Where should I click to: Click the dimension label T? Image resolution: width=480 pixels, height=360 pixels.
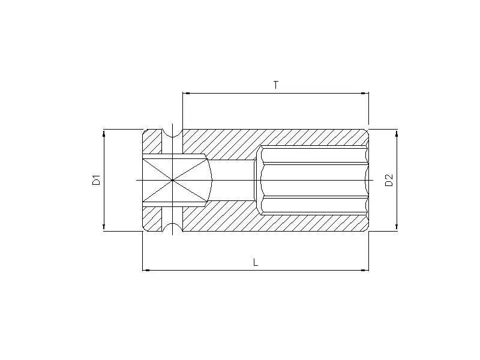pyautogui.click(x=275, y=85)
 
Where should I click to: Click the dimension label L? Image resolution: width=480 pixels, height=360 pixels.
pyautogui.click(x=256, y=262)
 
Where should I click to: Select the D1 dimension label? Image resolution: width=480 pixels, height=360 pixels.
pyautogui.click(x=95, y=179)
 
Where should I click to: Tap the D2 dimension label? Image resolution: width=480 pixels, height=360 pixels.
pyautogui.click(x=389, y=179)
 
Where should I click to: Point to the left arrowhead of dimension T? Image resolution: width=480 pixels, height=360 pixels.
pyautogui.click(x=186, y=93)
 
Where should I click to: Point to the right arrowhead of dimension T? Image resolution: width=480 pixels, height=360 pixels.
pyautogui.click(x=364, y=93)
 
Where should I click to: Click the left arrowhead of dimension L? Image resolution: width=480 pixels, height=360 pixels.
pyautogui.click(x=146, y=270)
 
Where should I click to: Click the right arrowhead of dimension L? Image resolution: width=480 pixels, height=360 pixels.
pyautogui.click(x=364, y=270)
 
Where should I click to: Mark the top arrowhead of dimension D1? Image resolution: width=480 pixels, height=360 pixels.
pyautogui.click(x=104, y=133)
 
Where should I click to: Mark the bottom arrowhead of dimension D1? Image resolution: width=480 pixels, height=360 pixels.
pyautogui.click(x=104, y=226)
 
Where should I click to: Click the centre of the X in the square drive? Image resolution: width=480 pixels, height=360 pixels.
pyautogui.click(x=172, y=179)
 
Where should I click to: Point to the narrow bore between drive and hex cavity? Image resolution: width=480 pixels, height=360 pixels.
pyautogui.click(x=234, y=179)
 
